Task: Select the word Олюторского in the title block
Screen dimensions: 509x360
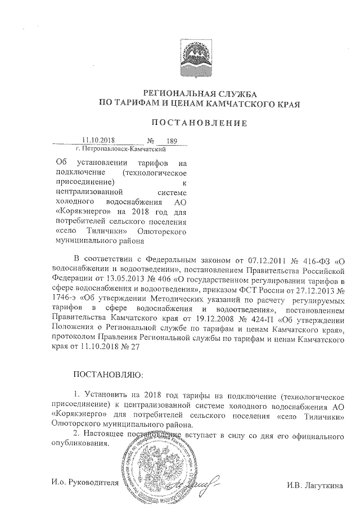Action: point(167,231)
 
